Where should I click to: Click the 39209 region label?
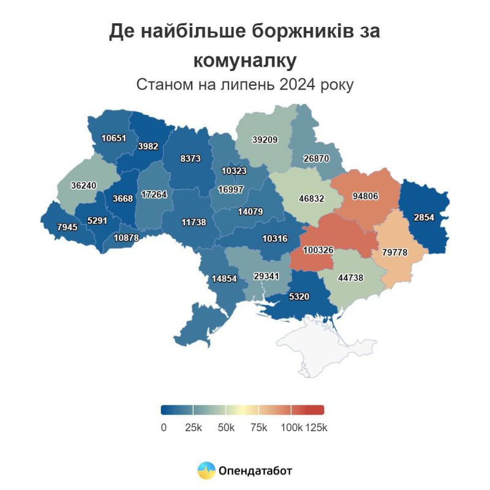click(265, 140)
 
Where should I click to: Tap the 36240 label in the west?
click(83, 185)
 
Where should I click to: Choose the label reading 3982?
click(149, 146)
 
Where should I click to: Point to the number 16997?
click(231, 189)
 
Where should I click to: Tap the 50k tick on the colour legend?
click(227, 428)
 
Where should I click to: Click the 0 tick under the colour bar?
click(164, 428)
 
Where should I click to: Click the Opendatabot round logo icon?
click(206, 470)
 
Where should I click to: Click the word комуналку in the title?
click(245, 60)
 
